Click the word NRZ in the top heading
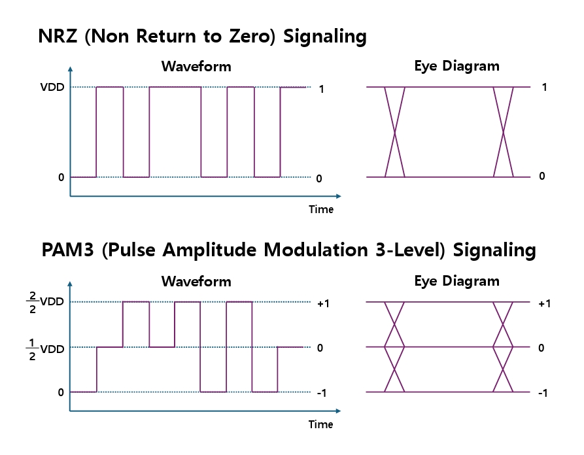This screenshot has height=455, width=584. (58, 36)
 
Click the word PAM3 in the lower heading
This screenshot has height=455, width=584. (67, 250)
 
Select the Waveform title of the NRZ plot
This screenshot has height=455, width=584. (196, 66)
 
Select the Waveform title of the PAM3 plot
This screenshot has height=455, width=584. (196, 281)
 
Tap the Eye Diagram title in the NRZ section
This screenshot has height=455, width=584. (456, 66)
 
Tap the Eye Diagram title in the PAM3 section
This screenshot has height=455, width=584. (456, 281)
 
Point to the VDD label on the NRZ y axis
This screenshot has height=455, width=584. (52, 87)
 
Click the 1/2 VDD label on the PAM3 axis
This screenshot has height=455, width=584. (45, 349)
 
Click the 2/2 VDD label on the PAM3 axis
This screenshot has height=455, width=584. (45, 302)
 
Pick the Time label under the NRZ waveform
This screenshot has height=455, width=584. (321, 209)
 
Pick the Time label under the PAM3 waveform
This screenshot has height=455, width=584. (320, 424)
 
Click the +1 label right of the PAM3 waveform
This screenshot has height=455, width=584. (323, 304)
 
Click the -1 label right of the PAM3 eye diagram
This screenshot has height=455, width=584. (543, 393)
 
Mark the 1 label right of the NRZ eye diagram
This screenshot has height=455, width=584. (545, 87)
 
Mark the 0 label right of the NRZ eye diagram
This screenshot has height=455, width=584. (542, 176)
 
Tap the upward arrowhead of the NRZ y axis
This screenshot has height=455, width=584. (71, 69)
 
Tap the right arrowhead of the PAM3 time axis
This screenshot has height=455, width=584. (338, 411)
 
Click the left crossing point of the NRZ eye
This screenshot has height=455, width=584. (394, 132)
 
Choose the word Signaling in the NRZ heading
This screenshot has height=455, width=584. (325, 37)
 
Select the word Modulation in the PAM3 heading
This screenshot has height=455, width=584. (316, 250)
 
